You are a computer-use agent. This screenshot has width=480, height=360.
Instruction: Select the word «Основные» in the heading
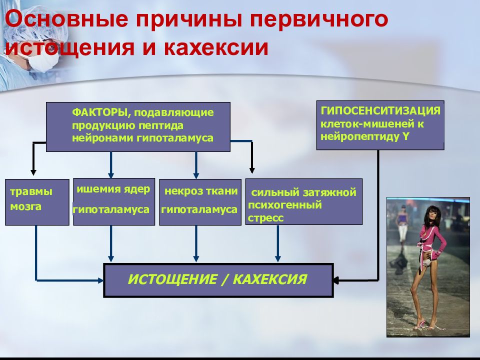66,19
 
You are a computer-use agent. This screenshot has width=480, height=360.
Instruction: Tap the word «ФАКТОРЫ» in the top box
99,112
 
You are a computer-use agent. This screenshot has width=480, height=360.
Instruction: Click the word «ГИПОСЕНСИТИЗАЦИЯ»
380,110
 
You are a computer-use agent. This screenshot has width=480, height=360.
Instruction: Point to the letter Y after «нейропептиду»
406,136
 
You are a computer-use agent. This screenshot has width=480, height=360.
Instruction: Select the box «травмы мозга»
37,202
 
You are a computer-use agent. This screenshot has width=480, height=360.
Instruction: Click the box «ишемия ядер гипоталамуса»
114,202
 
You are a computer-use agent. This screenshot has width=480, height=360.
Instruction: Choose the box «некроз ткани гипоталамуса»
200,202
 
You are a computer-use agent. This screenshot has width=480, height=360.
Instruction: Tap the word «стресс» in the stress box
265,218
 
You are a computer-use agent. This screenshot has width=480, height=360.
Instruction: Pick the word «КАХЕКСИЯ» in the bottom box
270,279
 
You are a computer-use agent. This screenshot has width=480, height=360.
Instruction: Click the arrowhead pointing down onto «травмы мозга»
33,172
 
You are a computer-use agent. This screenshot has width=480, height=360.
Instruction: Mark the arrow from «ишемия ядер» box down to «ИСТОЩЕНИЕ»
111,243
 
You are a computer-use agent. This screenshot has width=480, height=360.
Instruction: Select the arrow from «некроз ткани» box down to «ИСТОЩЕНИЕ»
196,243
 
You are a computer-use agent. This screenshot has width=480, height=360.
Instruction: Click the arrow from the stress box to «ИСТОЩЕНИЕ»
277,243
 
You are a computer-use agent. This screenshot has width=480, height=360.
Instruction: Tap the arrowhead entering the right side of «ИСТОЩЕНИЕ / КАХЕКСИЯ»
336,280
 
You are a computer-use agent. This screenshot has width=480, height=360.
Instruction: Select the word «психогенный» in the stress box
285,205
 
